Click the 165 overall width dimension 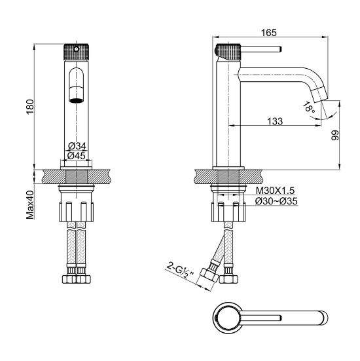pos(268,33)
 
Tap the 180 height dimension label pos(30,107)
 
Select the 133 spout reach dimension pos(275,121)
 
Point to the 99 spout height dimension pos(335,135)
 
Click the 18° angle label pos(309,107)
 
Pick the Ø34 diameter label pos(77,145)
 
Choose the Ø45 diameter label pos(77,156)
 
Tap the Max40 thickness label pos(30,204)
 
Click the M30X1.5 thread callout pos(275,191)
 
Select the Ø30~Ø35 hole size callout pos(276,200)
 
